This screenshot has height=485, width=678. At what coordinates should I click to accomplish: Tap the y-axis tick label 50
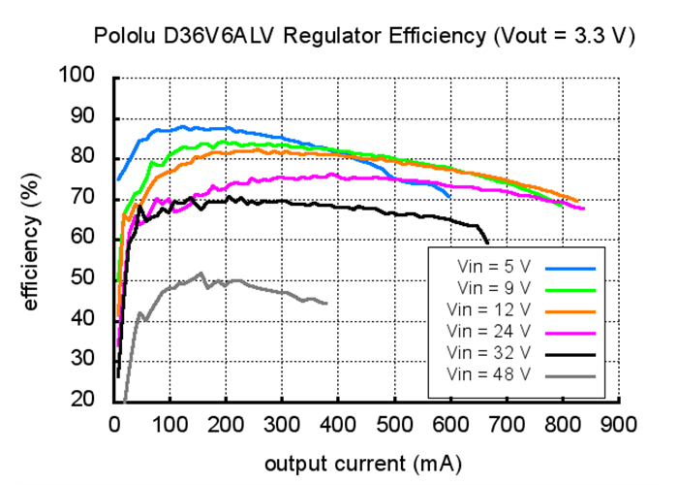pos(86,278)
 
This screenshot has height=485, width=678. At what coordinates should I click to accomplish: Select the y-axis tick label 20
pos(86,400)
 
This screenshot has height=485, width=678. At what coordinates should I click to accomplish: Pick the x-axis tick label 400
pos(338,423)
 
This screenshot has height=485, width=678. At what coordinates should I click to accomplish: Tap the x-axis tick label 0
pos(114,423)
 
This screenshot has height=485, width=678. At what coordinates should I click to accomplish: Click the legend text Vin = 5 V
pos(494,265)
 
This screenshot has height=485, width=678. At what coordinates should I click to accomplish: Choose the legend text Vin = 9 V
pos(494,287)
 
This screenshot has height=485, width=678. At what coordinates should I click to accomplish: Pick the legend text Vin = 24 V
pos(490,330)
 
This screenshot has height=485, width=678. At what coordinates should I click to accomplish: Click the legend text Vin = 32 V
pos(490,351)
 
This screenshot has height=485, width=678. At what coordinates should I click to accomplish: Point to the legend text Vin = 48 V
pos(490,372)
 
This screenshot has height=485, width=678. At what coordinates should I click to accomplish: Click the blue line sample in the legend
pos(570,265)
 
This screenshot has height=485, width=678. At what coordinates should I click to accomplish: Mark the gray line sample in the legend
pos(570,373)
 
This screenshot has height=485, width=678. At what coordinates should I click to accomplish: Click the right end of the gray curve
pos(326,304)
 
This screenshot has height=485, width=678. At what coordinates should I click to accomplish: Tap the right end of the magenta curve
pos(584,209)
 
